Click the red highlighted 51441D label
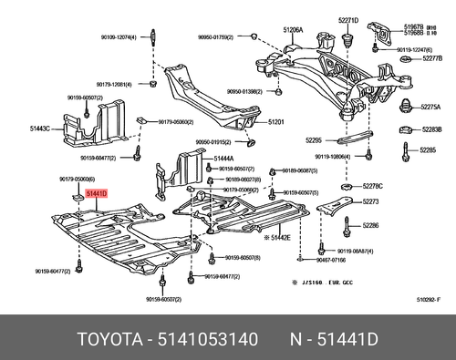[96, 194]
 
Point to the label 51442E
[277, 237]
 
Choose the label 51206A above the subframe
[292, 29]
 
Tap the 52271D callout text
[350, 20]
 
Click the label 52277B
[431, 57]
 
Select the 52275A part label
[431, 106]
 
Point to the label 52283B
[431, 129]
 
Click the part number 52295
[315, 140]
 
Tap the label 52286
[371, 224]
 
